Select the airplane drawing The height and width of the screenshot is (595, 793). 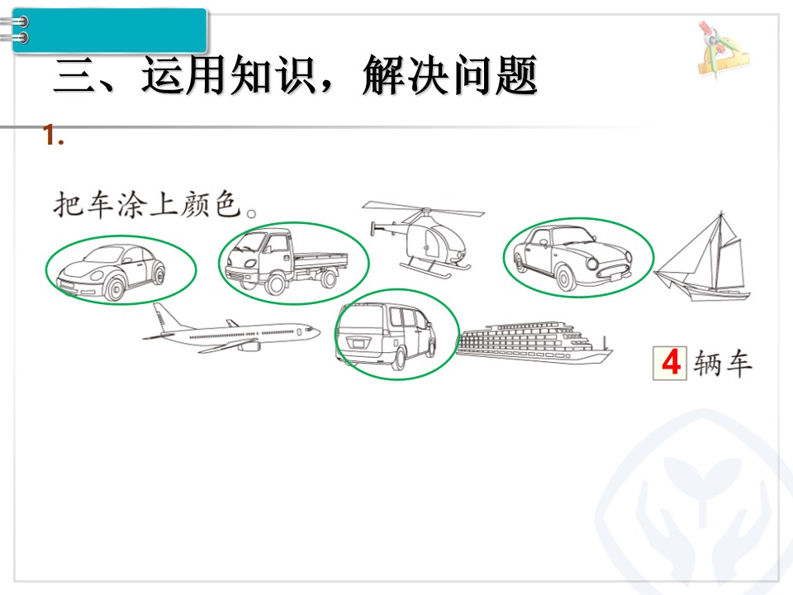tap(230, 330)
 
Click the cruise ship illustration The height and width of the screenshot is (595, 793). tap(534, 342)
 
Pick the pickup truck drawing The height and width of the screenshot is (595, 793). tap(287, 263)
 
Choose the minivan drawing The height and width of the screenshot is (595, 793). tap(387, 335)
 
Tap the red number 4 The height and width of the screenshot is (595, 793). tap(671, 363)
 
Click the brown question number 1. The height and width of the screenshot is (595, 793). tap(53, 136)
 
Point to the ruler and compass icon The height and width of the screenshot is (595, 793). tap(724, 50)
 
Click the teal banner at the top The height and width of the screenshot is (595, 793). tap(109, 31)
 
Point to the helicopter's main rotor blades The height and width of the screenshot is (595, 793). tap(423, 209)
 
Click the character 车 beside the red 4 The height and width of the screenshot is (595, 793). tap(738, 364)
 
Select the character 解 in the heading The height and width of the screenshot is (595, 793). tap(382, 75)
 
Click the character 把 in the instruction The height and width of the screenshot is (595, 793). tap(69, 204)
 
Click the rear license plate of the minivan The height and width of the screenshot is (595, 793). tap(358, 344)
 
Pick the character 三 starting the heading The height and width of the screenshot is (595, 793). tap(74, 76)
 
